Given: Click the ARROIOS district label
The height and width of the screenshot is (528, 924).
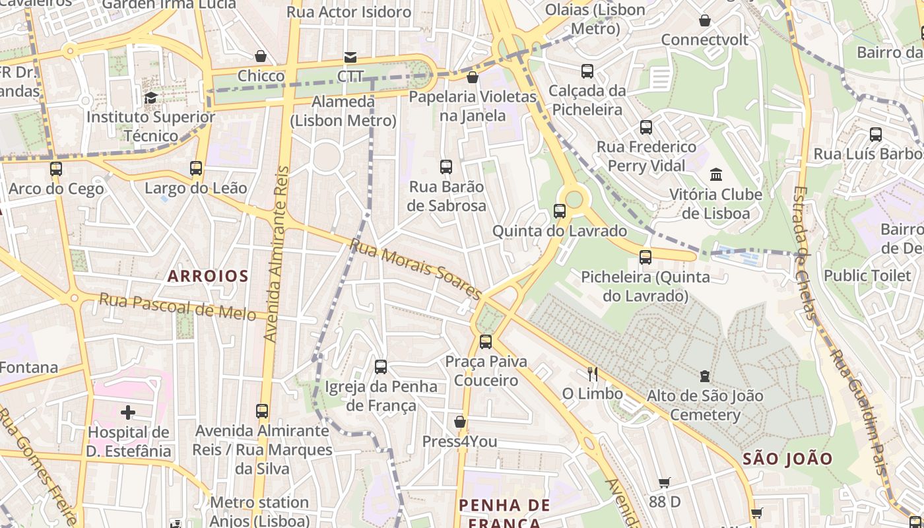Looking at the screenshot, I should point(208,276).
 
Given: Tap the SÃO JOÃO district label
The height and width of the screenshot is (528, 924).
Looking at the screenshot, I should point(787,459).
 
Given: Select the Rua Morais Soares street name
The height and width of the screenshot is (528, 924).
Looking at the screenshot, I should point(416,269).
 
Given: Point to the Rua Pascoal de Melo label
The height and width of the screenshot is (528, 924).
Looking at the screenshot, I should point(177,307).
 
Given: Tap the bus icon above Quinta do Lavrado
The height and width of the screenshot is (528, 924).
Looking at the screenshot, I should point(560,211).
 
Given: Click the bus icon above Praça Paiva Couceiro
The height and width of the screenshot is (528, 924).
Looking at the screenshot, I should point(486,341).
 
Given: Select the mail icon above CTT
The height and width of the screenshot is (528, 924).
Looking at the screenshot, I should point(350,57).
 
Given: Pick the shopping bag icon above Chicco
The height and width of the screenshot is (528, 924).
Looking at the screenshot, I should point(261,57).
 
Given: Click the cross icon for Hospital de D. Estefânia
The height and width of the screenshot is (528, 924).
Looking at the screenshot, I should point(128,413).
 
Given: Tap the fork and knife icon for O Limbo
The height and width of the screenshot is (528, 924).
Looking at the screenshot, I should point(593,374).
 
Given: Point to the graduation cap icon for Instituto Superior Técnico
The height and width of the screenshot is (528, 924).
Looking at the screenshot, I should point(150,98).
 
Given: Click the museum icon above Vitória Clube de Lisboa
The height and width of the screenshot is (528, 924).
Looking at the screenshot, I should point(716,175).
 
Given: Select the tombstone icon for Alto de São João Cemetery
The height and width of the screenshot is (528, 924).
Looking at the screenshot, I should point(705,376).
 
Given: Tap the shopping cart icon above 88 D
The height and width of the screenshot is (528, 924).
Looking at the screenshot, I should point(665,482).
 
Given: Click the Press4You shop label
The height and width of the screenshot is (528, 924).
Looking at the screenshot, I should point(459,442).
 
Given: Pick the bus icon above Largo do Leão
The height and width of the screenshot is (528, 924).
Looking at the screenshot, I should point(196,168).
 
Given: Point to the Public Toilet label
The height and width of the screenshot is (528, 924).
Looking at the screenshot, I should point(867,275).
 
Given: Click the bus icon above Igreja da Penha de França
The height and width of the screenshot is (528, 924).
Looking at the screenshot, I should point(381,367).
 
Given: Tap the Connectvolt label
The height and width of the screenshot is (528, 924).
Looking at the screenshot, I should point(705,40).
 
